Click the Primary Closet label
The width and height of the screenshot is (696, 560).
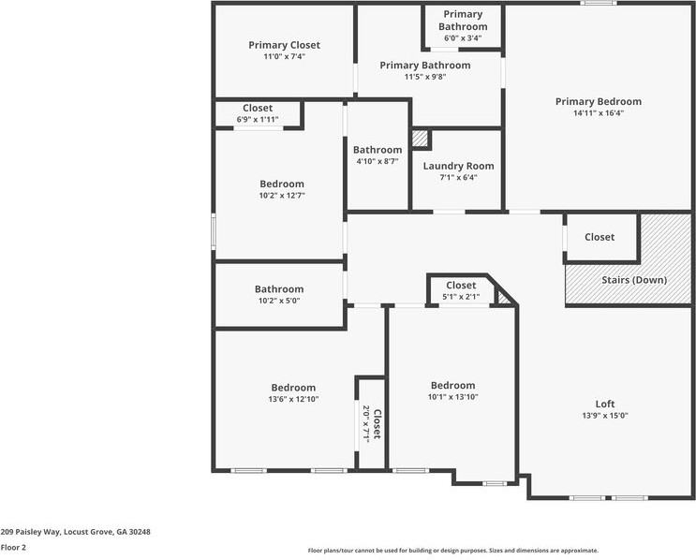click(x=284, y=45)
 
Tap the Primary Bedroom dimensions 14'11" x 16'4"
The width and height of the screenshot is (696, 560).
click(x=598, y=113)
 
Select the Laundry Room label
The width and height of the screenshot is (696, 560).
click(x=458, y=166)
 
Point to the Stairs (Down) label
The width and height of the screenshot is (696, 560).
click(x=633, y=280)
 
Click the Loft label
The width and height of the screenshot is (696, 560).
click(x=605, y=404)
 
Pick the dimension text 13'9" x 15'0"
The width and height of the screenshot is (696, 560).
click(x=605, y=416)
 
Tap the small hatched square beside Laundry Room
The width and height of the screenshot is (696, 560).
click(x=420, y=139)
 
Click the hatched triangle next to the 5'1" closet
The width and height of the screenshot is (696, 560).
click(x=506, y=297)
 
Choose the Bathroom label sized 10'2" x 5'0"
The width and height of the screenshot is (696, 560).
click(x=279, y=289)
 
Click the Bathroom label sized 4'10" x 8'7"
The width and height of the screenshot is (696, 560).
click(x=378, y=150)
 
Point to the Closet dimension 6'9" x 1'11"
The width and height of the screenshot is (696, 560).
click(x=258, y=120)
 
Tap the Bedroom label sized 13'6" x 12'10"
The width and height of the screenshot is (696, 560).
click(x=293, y=388)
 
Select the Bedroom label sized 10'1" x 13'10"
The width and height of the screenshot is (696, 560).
click(x=452, y=385)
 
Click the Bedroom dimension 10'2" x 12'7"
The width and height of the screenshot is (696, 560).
click(x=282, y=196)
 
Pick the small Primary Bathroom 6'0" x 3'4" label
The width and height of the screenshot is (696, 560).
click(x=463, y=21)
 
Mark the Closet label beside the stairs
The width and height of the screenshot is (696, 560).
click(x=600, y=237)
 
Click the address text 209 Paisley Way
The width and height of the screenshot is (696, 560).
click(x=75, y=531)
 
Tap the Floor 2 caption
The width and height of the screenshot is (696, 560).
click(x=13, y=547)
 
